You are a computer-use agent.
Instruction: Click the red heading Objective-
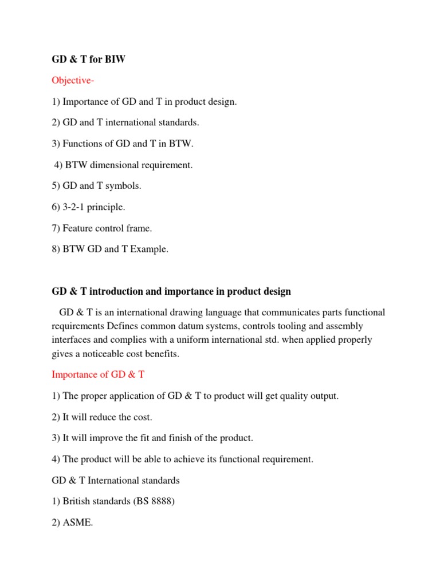[x=73, y=80]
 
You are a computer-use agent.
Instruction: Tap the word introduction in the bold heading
[x=112, y=292]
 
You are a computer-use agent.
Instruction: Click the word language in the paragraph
[x=215, y=312]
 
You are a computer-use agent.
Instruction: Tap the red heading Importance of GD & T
[x=99, y=375]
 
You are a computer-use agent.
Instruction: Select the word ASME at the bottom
[x=77, y=523]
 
